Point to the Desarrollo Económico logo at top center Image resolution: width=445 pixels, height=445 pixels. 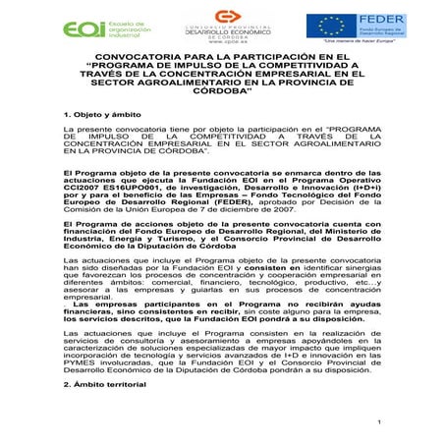pyautogui.click(x=227, y=27)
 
